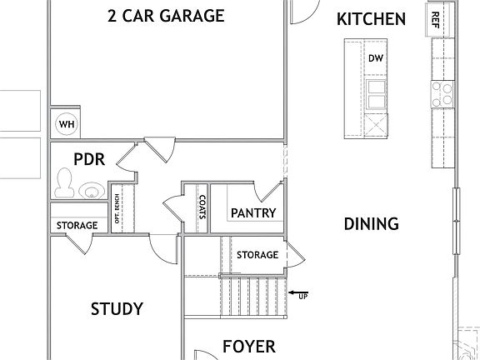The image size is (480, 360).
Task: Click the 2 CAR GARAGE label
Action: [166, 16]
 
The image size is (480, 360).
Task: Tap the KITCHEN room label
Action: [371, 19]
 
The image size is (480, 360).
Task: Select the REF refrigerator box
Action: [434, 20]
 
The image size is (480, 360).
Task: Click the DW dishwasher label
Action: [375, 57]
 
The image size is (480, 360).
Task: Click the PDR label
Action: [88, 158]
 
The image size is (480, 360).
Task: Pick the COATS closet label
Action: [202, 206]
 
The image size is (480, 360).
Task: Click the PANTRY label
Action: [252, 214]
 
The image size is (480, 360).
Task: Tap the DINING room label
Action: [371, 223]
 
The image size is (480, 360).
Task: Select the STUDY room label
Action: [116, 309]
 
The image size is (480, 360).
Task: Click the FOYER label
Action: [248, 346]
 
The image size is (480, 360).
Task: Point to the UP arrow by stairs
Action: [297, 293]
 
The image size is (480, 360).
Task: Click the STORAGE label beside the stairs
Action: [257, 254]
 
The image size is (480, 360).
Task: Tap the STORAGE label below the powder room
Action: [77, 225]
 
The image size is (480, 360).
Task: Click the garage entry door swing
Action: [158, 150]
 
